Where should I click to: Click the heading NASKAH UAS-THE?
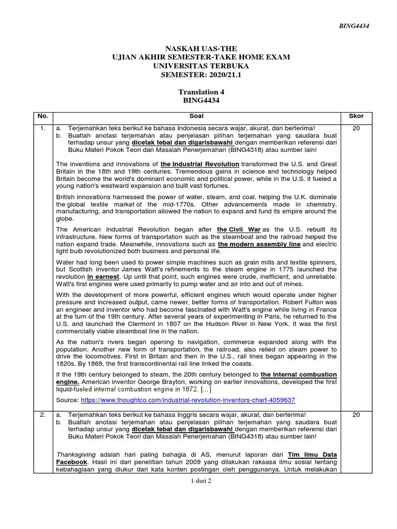201,48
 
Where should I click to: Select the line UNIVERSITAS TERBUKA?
201,66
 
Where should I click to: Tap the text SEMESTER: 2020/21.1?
201,75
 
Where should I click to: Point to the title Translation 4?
201,91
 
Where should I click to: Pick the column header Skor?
356,117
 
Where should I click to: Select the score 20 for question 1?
356,128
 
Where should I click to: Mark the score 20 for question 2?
356,414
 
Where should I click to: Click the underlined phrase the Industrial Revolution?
200,164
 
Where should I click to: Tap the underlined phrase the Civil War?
238,229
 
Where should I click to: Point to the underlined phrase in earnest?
103,277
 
